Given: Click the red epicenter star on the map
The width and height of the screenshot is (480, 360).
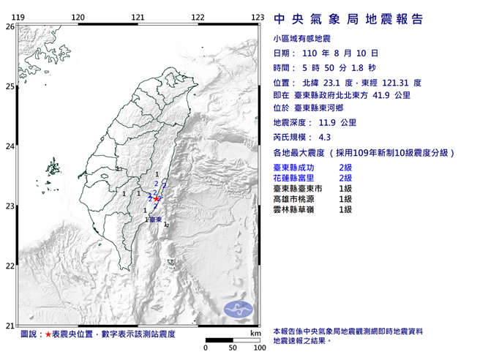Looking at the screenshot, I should (x=157, y=197).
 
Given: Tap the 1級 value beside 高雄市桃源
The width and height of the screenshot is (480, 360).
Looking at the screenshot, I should (x=346, y=199).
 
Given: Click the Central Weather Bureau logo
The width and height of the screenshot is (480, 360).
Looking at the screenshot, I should (x=237, y=309).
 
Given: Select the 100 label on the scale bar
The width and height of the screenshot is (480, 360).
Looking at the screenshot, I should (x=258, y=348).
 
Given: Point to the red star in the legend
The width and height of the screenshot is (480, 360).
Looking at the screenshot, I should (x=49, y=334).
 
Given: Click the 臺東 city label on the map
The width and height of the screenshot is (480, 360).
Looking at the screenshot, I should (x=155, y=219).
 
